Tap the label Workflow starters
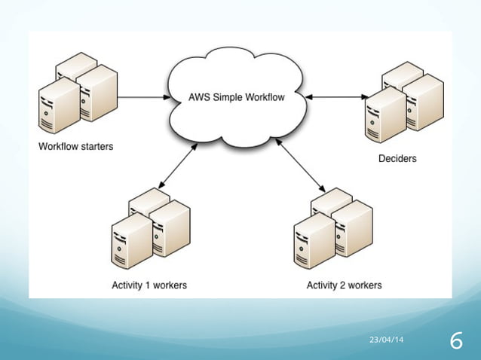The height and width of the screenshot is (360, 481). pos(76,146)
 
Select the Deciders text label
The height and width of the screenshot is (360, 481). pos(397,159)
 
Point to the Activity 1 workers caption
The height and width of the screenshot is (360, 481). pos(149,285)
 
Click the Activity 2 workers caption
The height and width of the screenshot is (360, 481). pos(344,285)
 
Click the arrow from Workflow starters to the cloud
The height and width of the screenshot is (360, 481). pos(143,97)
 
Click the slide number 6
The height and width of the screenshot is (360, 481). pos(455,341)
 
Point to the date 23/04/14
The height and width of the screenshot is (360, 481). pos(384,341)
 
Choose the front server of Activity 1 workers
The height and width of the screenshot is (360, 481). pos(130,242)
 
